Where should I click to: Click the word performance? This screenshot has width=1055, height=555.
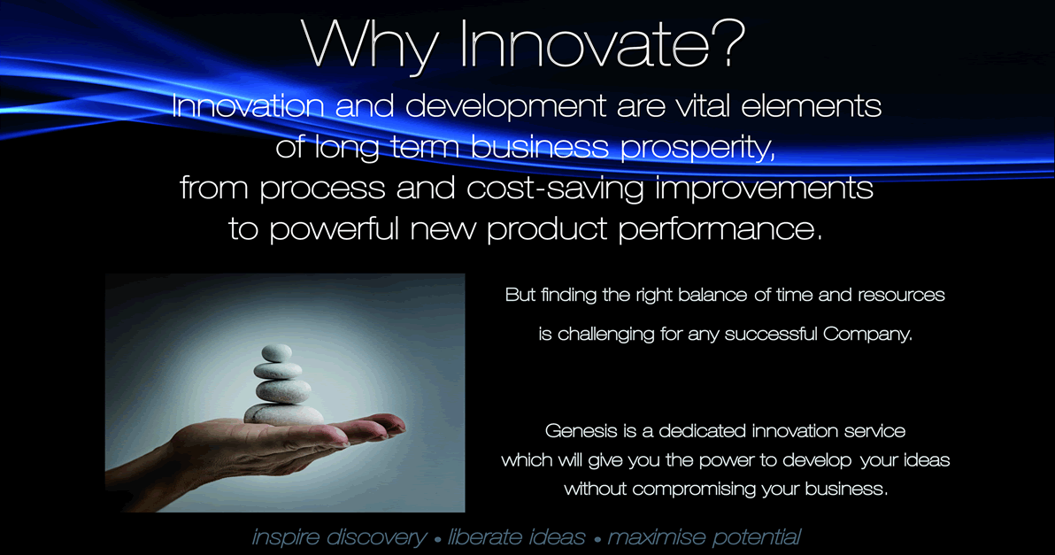720,230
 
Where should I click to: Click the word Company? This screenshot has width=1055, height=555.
867,335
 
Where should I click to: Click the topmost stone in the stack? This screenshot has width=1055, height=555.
276,352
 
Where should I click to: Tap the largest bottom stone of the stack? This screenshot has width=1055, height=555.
283,413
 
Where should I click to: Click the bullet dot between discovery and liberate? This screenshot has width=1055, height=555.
437,540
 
